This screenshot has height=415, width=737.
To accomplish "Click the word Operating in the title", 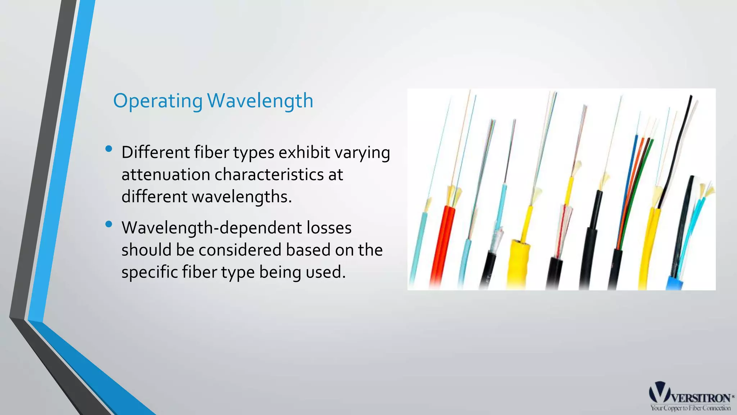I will (x=158, y=101).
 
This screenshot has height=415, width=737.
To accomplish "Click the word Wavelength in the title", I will (x=260, y=101).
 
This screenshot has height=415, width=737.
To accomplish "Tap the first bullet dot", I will (x=109, y=149).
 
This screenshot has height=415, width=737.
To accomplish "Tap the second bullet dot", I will (x=109, y=224).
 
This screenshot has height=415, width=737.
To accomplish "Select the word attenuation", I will (x=166, y=175).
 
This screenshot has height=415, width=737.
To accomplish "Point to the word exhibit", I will (x=304, y=152).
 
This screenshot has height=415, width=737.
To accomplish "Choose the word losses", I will (x=329, y=228).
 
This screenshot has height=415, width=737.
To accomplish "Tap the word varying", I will (x=362, y=153).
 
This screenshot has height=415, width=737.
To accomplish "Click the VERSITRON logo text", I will (x=701, y=398).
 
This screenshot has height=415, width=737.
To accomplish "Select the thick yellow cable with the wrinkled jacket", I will (x=518, y=263).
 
